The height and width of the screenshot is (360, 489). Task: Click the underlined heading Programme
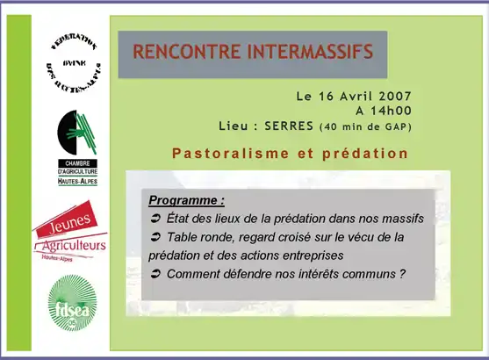186,200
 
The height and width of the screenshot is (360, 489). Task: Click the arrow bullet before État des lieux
155,218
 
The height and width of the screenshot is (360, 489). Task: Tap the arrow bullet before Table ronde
155,237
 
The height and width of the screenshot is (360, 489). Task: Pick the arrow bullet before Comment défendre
155,274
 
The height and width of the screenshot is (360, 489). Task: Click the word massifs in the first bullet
401,218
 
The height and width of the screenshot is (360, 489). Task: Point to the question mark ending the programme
402,274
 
